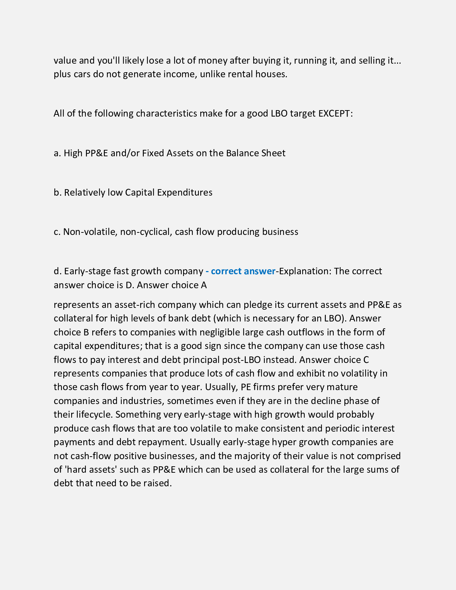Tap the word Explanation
[306, 271]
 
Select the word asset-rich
[134, 305]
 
